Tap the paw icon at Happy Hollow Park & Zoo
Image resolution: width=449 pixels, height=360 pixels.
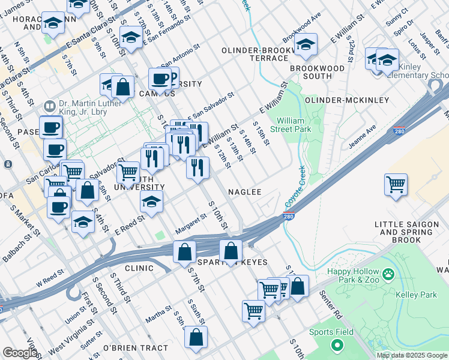[x=389, y=274]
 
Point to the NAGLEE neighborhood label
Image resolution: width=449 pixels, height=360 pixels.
[x=244, y=192]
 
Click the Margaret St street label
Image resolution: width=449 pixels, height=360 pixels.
[x=190, y=227]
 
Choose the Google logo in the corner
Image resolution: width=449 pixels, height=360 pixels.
[x=19, y=353]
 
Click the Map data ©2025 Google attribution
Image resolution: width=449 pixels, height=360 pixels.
[x=411, y=355]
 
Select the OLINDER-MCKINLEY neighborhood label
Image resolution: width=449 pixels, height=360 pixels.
[x=347, y=100]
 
